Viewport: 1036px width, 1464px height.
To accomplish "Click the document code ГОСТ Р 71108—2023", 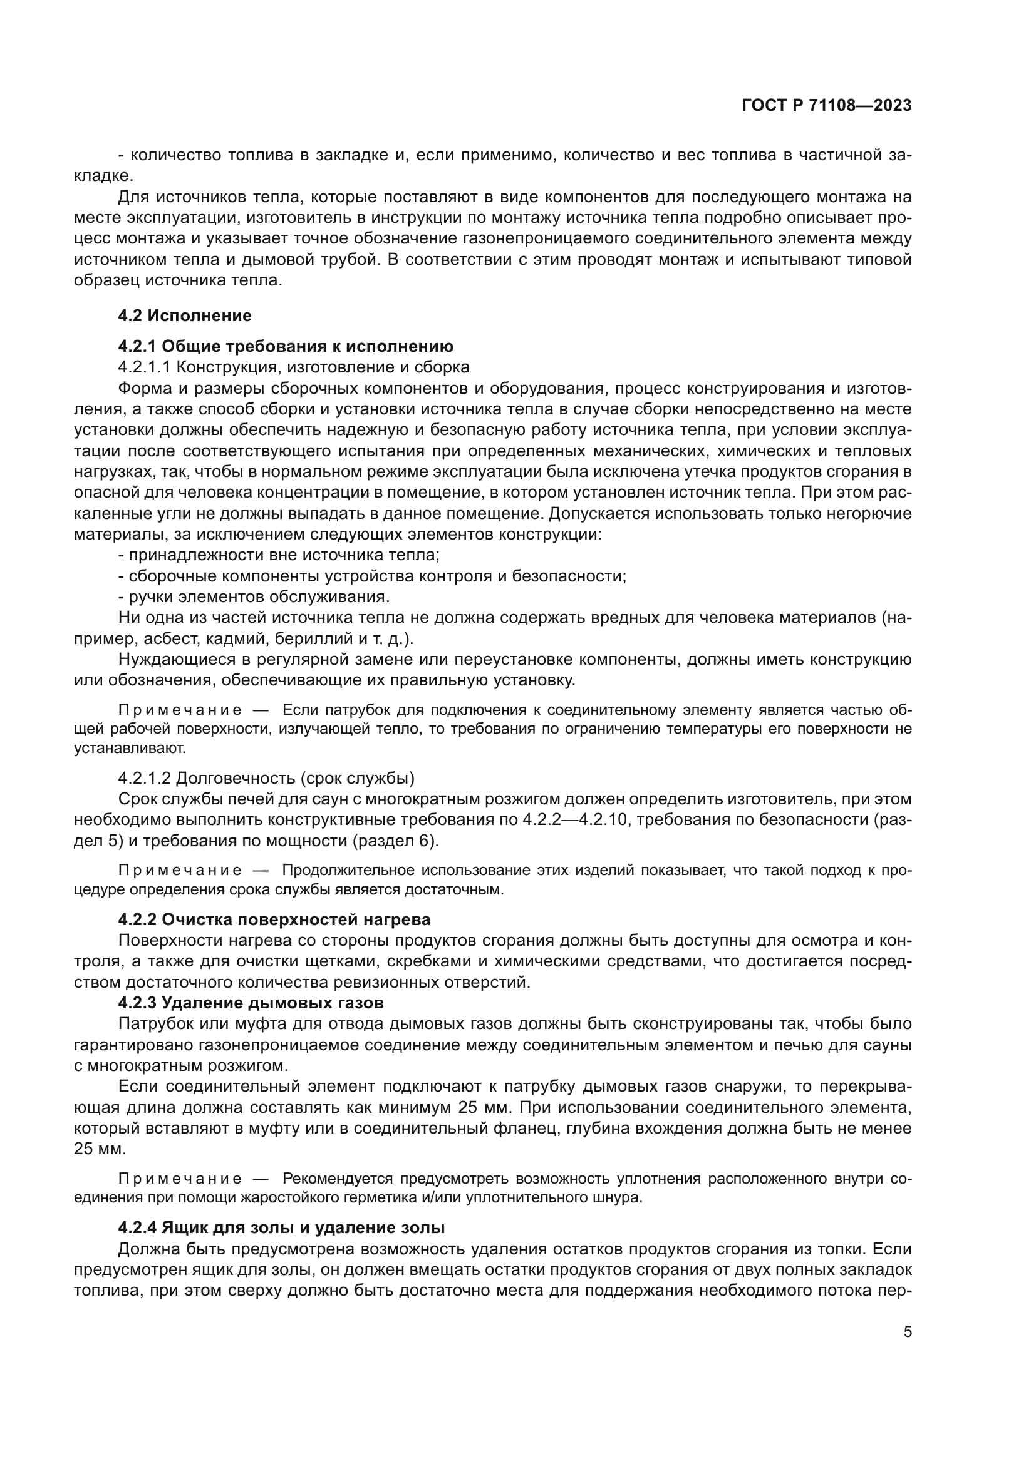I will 826,106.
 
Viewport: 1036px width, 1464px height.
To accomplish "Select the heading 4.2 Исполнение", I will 184,315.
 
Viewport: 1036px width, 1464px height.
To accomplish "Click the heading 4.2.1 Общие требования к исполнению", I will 285,346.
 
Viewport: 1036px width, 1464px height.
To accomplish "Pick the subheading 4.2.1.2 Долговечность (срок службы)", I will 266,779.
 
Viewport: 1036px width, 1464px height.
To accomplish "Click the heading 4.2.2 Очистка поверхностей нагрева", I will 274,919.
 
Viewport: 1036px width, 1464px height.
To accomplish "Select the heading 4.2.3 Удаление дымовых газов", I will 251,1003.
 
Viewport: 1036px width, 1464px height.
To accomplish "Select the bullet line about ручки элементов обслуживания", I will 253,598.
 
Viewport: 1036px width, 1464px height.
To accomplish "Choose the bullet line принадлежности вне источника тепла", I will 279,555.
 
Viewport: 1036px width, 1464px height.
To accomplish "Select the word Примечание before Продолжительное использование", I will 180,871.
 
